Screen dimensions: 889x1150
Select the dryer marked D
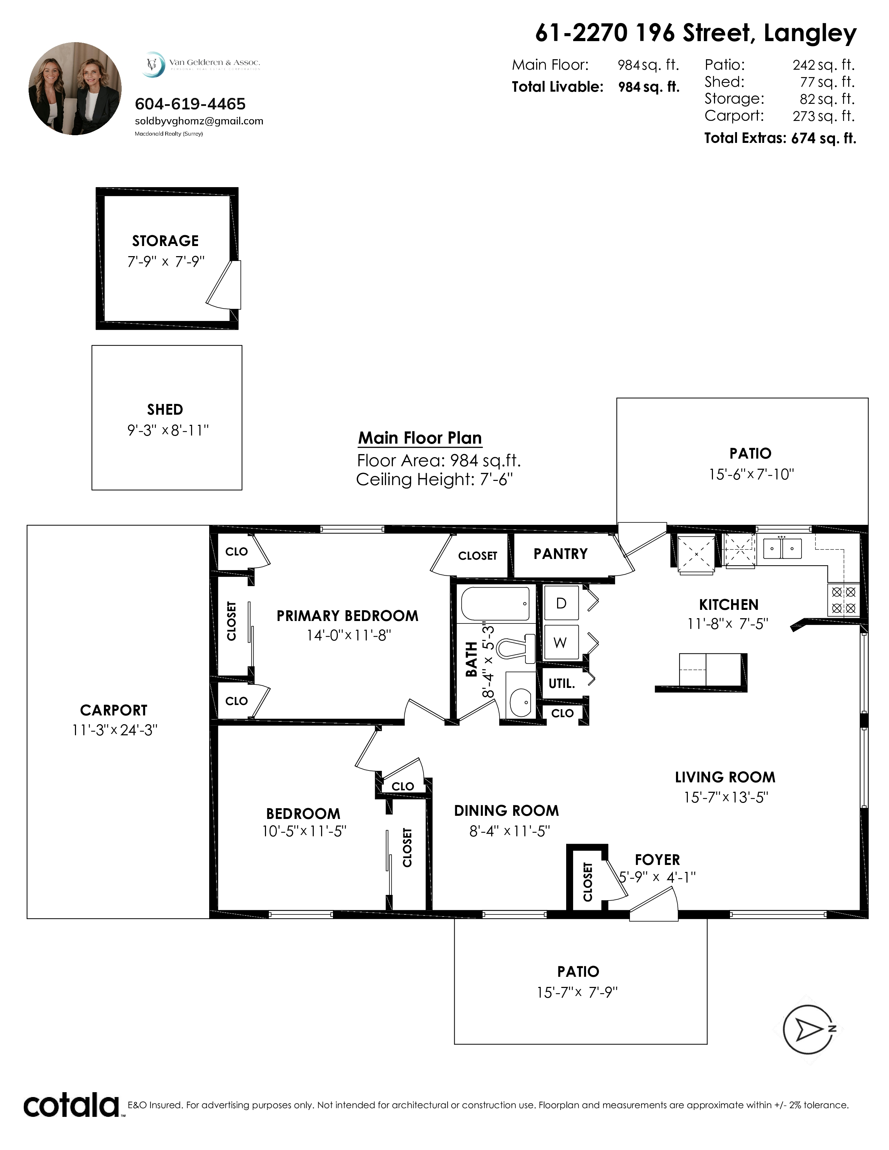coord(561,603)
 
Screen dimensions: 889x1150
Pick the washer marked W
coord(561,642)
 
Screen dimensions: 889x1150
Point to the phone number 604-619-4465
coord(190,104)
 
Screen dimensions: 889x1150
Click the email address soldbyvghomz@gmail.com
coord(199,121)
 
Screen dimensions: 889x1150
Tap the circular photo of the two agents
coord(75,89)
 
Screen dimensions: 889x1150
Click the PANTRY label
coord(560,554)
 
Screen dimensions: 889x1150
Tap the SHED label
coord(165,410)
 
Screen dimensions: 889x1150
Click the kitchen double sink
coord(782,549)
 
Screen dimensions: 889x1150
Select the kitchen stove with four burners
coord(843,600)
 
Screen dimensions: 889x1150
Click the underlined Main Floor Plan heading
coord(420,438)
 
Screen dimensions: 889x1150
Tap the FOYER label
coord(657,860)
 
